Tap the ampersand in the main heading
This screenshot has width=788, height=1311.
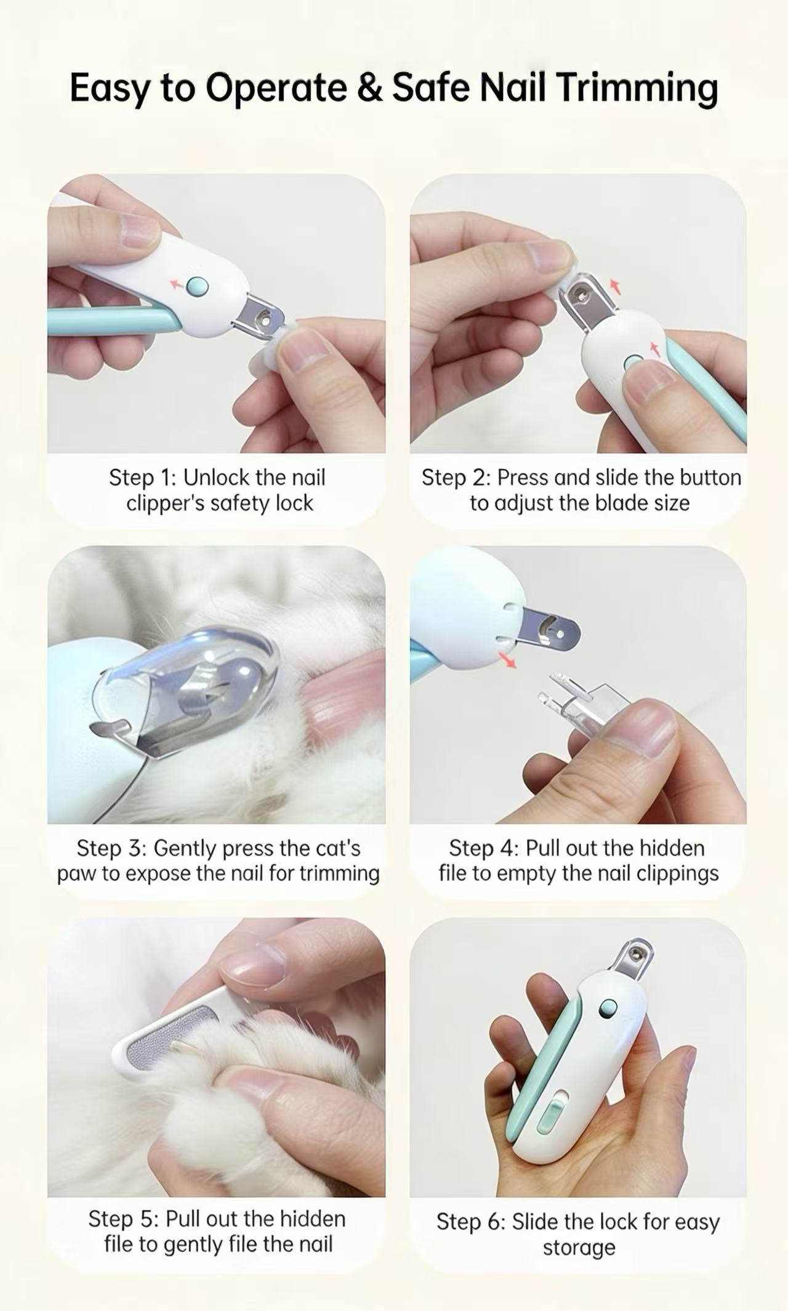[x=369, y=87]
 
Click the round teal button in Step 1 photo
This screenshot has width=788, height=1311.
[x=198, y=286]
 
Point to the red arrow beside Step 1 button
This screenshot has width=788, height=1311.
[x=177, y=283]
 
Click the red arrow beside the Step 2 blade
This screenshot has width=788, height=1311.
[x=614, y=286]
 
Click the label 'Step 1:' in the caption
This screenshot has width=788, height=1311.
[x=143, y=478]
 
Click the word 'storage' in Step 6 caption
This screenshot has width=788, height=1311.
[x=579, y=1248]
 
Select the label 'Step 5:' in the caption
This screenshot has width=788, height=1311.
[x=124, y=1219]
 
